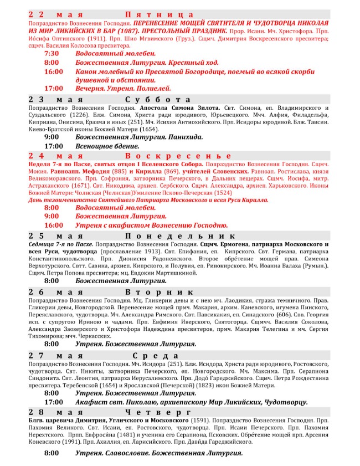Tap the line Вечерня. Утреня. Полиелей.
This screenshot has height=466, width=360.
point(124,88)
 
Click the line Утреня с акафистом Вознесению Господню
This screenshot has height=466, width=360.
point(152,225)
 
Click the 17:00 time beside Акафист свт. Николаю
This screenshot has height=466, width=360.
point(54,402)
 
